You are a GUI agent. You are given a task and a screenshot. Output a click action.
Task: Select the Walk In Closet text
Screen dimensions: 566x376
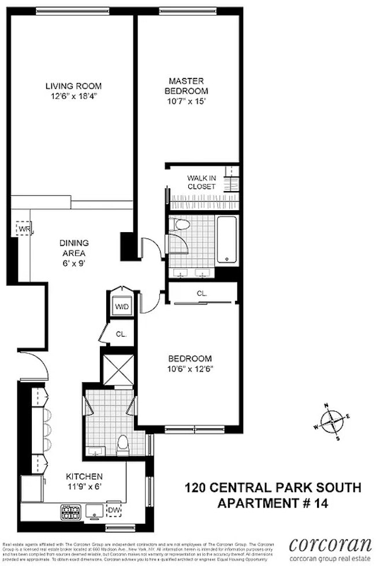click(x=202, y=183)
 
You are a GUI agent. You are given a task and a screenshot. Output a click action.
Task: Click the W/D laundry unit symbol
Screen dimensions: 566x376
click(x=122, y=306)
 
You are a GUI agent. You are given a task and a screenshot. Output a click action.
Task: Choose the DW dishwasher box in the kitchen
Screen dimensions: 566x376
click(x=113, y=510)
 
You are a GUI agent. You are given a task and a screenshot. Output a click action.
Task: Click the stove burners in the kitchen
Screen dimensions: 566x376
click(x=68, y=511)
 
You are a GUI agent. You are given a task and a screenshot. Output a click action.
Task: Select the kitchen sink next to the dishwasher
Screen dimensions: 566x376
click(x=93, y=510)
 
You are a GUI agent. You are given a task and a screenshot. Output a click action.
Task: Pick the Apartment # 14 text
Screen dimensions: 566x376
click(x=273, y=503)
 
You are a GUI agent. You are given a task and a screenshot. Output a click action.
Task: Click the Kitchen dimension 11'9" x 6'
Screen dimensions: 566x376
click(x=84, y=486)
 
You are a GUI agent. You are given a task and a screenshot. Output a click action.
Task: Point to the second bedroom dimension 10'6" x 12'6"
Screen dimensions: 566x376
click(x=189, y=368)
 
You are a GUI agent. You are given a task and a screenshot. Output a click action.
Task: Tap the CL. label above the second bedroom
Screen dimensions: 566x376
click(x=202, y=293)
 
